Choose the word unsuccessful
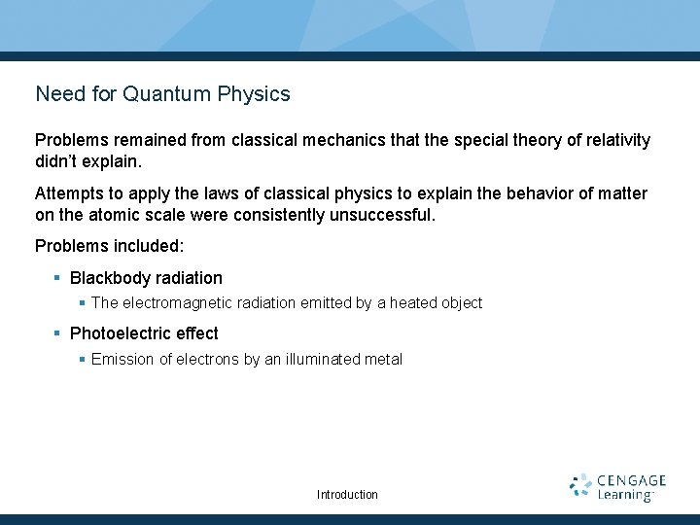click(383, 213)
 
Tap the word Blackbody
click(108, 278)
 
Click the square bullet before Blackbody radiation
click(57, 278)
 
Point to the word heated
click(412, 303)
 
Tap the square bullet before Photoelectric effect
click(57, 333)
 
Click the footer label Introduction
click(347, 495)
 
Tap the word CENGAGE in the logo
click(631, 480)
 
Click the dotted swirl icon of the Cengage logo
click(580, 487)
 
